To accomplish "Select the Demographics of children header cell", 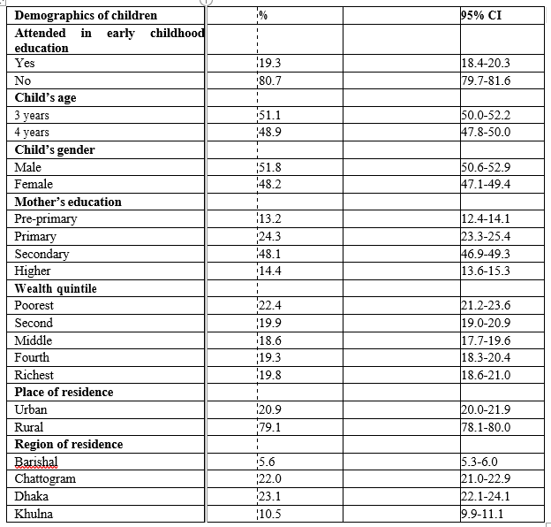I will [x=86, y=15].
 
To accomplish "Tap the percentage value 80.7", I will [x=269, y=80].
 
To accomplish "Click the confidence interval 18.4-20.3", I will [x=486, y=64].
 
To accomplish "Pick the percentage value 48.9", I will [x=269, y=133].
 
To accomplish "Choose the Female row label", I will [x=34, y=185].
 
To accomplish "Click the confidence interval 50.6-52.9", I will [x=486, y=167].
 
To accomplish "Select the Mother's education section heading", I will [x=68, y=202].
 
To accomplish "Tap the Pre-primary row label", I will [x=46, y=219].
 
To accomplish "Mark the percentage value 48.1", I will [x=269, y=254].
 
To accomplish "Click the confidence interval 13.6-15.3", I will [x=486, y=271].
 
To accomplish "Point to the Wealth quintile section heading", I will [x=56, y=288].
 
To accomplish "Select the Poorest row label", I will [x=34, y=306].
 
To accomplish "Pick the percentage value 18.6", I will [x=269, y=340].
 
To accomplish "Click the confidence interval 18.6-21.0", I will [x=486, y=375].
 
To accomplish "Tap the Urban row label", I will [x=31, y=409].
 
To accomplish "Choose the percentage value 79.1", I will [x=269, y=427].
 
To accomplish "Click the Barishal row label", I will [x=36, y=462].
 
